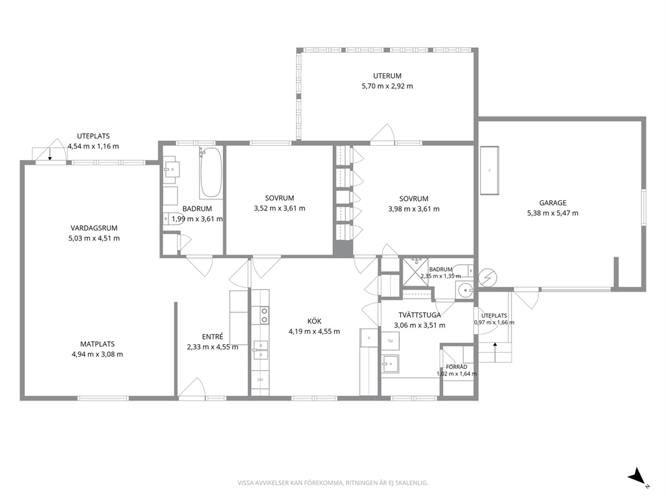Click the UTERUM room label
pyautogui.click(x=387, y=76)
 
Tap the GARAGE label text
pyautogui.click(x=553, y=203)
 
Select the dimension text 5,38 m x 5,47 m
pyautogui.click(x=553, y=214)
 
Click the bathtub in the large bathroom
pyautogui.click(x=211, y=172)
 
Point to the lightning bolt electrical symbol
pyautogui.click(x=487, y=278)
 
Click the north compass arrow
pyautogui.click(x=636, y=476)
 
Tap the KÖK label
pyautogui.click(x=314, y=321)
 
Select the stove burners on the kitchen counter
pyautogui.click(x=265, y=315)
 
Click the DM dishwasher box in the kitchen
pyautogui.click(x=260, y=380)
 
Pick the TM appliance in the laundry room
pyautogui.click(x=390, y=341)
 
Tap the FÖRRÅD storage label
pyautogui.click(x=457, y=367)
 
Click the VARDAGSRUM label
pyautogui.click(x=94, y=228)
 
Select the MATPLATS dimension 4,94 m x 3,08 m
pyautogui.click(x=97, y=355)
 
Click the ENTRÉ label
pyautogui.click(x=212, y=337)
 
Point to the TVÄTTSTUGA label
pyautogui.click(x=420, y=315)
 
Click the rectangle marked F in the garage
pyautogui.click(x=489, y=171)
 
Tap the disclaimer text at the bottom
pyautogui.click(x=332, y=483)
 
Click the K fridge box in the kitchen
pyautogui.click(x=369, y=338)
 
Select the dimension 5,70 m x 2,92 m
pyautogui.click(x=387, y=86)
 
